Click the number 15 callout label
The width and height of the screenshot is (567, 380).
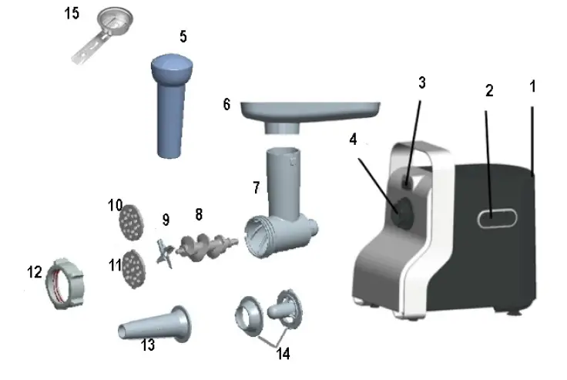[x=71, y=15]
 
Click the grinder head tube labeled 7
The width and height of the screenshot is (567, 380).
[x=281, y=204]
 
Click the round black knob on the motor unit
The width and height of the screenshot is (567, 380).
[x=401, y=210]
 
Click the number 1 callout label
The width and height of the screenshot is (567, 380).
[x=532, y=87]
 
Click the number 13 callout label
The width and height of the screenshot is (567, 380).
[x=147, y=345]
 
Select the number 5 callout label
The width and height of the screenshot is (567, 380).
[x=182, y=37]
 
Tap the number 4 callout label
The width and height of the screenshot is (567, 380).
[x=353, y=140]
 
